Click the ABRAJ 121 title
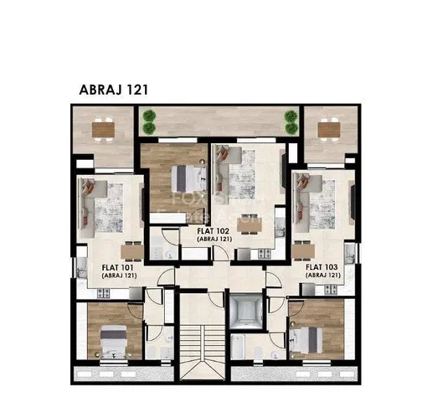[113, 90]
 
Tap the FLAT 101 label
[117, 267]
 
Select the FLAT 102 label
[214, 231]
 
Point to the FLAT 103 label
[322, 267]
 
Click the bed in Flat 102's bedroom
[189, 178]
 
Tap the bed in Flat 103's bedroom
[306, 340]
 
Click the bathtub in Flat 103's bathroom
[238, 347]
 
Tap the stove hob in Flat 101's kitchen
[103, 293]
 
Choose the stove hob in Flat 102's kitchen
[264, 254]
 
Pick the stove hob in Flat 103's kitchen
[331, 289]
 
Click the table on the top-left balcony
[103, 130]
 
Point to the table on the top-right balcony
[329, 130]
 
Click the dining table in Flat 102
[250, 226]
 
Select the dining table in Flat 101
[132, 252]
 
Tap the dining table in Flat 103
[303, 250]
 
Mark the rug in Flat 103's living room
[322, 204]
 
